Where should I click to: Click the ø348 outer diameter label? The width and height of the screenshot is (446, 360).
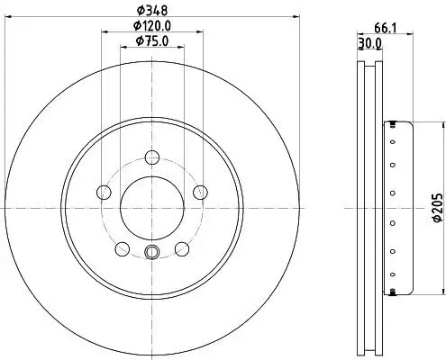click(x=151, y=10)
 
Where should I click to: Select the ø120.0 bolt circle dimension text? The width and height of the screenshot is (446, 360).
click(x=151, y=25)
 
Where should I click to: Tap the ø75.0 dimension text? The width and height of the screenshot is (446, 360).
click(x=151, y=40)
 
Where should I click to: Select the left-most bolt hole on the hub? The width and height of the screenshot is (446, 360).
click(x=104, y=192)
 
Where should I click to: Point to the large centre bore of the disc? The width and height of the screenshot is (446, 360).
click(x=151, y=206)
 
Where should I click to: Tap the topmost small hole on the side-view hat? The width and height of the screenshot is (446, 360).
click(x=392, y=127)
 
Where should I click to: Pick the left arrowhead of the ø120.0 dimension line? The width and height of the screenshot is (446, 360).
click(x=104, y=31)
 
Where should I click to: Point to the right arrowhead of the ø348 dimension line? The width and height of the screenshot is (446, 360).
click(x=297, y=16)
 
